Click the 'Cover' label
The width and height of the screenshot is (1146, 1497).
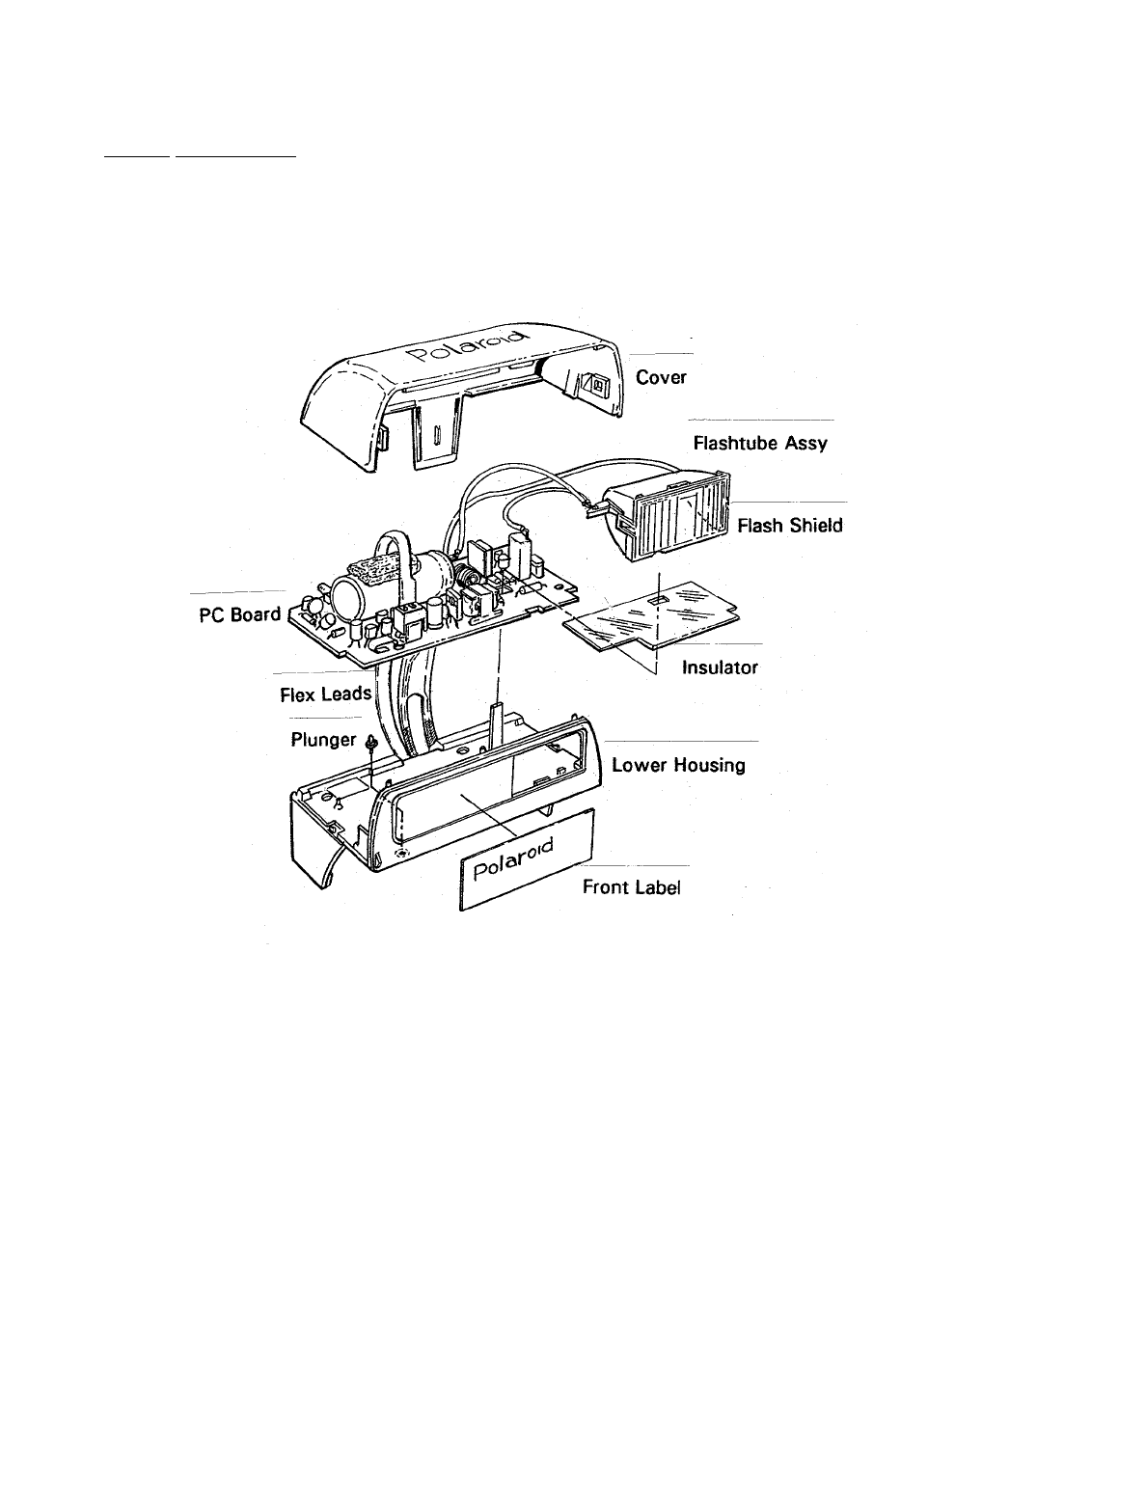point(661,377)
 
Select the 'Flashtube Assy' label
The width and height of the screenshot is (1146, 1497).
point(760,445)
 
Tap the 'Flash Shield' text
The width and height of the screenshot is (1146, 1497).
point(790,526)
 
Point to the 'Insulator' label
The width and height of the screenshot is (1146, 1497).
point(720,667)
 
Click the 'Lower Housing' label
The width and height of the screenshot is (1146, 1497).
point(678,765)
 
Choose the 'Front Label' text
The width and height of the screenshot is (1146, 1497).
point(631,888)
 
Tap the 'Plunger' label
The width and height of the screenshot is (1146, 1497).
point(323,741)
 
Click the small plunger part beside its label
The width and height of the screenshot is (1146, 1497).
point(370,741)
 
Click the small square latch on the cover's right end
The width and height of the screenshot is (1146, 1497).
point(594,384)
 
